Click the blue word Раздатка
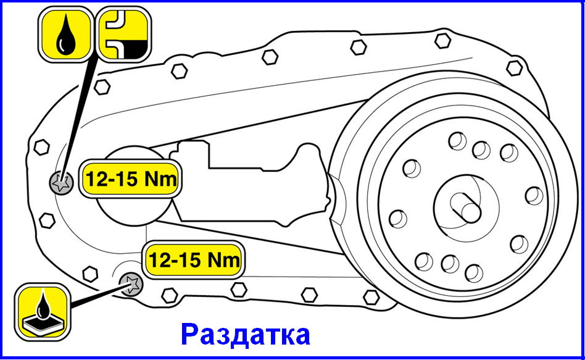pos(245,334)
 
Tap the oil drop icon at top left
pos(65,34)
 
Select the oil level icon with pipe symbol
pos(124,34)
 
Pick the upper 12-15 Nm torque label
pos(130,179)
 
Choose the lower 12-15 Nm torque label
pos(193,259)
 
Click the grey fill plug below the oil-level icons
pos(61,183)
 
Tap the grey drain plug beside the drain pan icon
pos(131,284)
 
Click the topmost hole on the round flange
pos(457,141)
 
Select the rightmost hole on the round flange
pos(534,196)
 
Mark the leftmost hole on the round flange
pos(398,219)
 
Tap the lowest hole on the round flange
pos(474,274)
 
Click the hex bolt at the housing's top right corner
pos(515,67)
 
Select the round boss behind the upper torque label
pos(135,186)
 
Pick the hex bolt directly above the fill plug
pos(41,147)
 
